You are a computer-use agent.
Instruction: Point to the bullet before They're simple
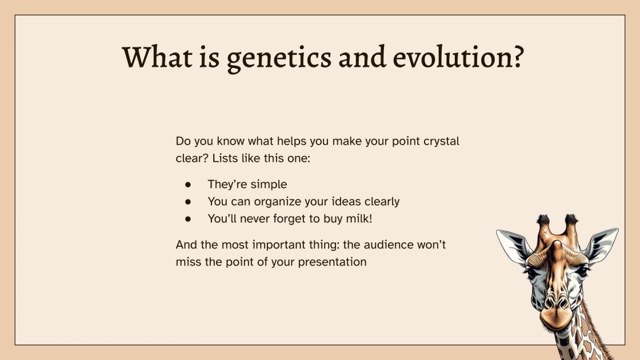pyautogui.click(x=187, y=185)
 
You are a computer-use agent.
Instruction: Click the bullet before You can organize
pyautogui.click(x=187, y=202)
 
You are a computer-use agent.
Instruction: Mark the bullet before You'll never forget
pyautogui.click(x=187, y=218)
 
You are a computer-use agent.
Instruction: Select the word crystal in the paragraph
pyautogui.click(x=440, y=141)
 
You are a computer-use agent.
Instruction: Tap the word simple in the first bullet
pyautogui.click(x=269, y=185)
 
